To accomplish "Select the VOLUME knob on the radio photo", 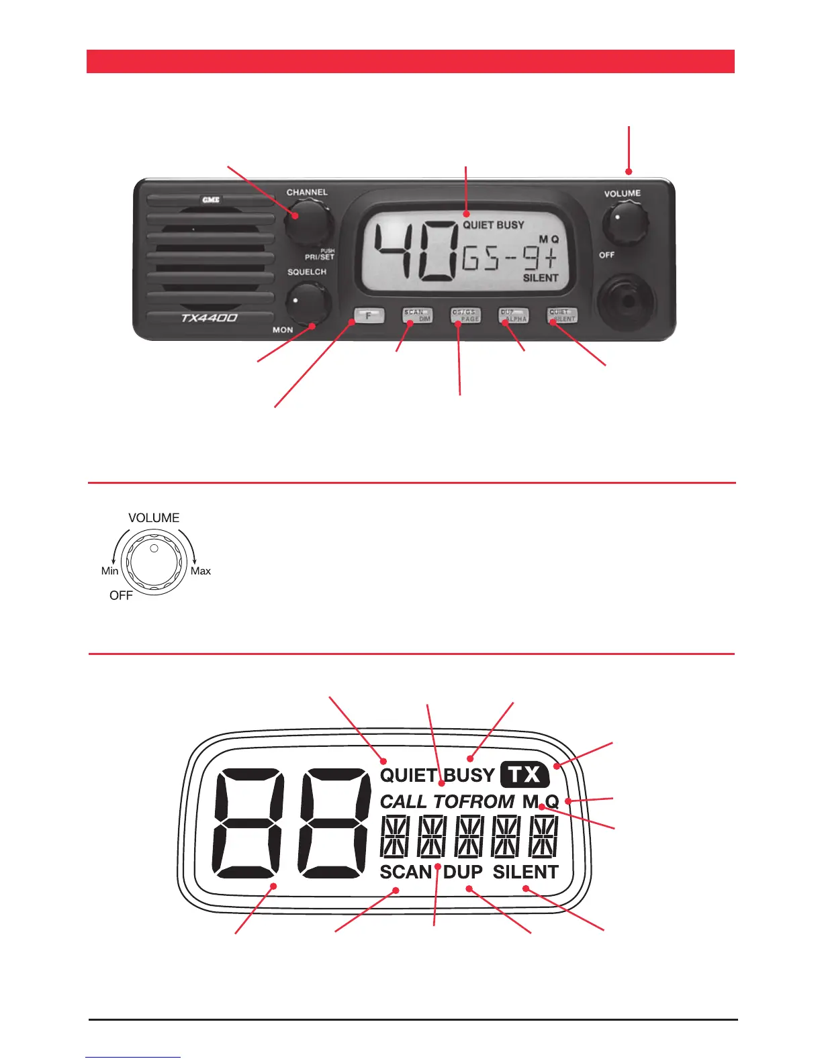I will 625,224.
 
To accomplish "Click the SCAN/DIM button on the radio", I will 416,315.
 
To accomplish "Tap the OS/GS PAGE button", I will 465,315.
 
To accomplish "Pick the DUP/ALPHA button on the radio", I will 514,315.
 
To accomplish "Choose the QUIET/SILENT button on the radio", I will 562,315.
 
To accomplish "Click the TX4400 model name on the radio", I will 209,318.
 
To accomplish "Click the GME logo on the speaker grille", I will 211,200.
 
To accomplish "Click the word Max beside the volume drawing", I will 201,571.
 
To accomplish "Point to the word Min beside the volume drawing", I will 109,571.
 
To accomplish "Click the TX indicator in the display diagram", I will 524,775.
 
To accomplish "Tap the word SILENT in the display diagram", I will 526,872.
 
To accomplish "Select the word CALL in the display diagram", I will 404,801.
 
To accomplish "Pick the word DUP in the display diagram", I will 463,872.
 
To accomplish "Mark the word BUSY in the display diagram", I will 469,775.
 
